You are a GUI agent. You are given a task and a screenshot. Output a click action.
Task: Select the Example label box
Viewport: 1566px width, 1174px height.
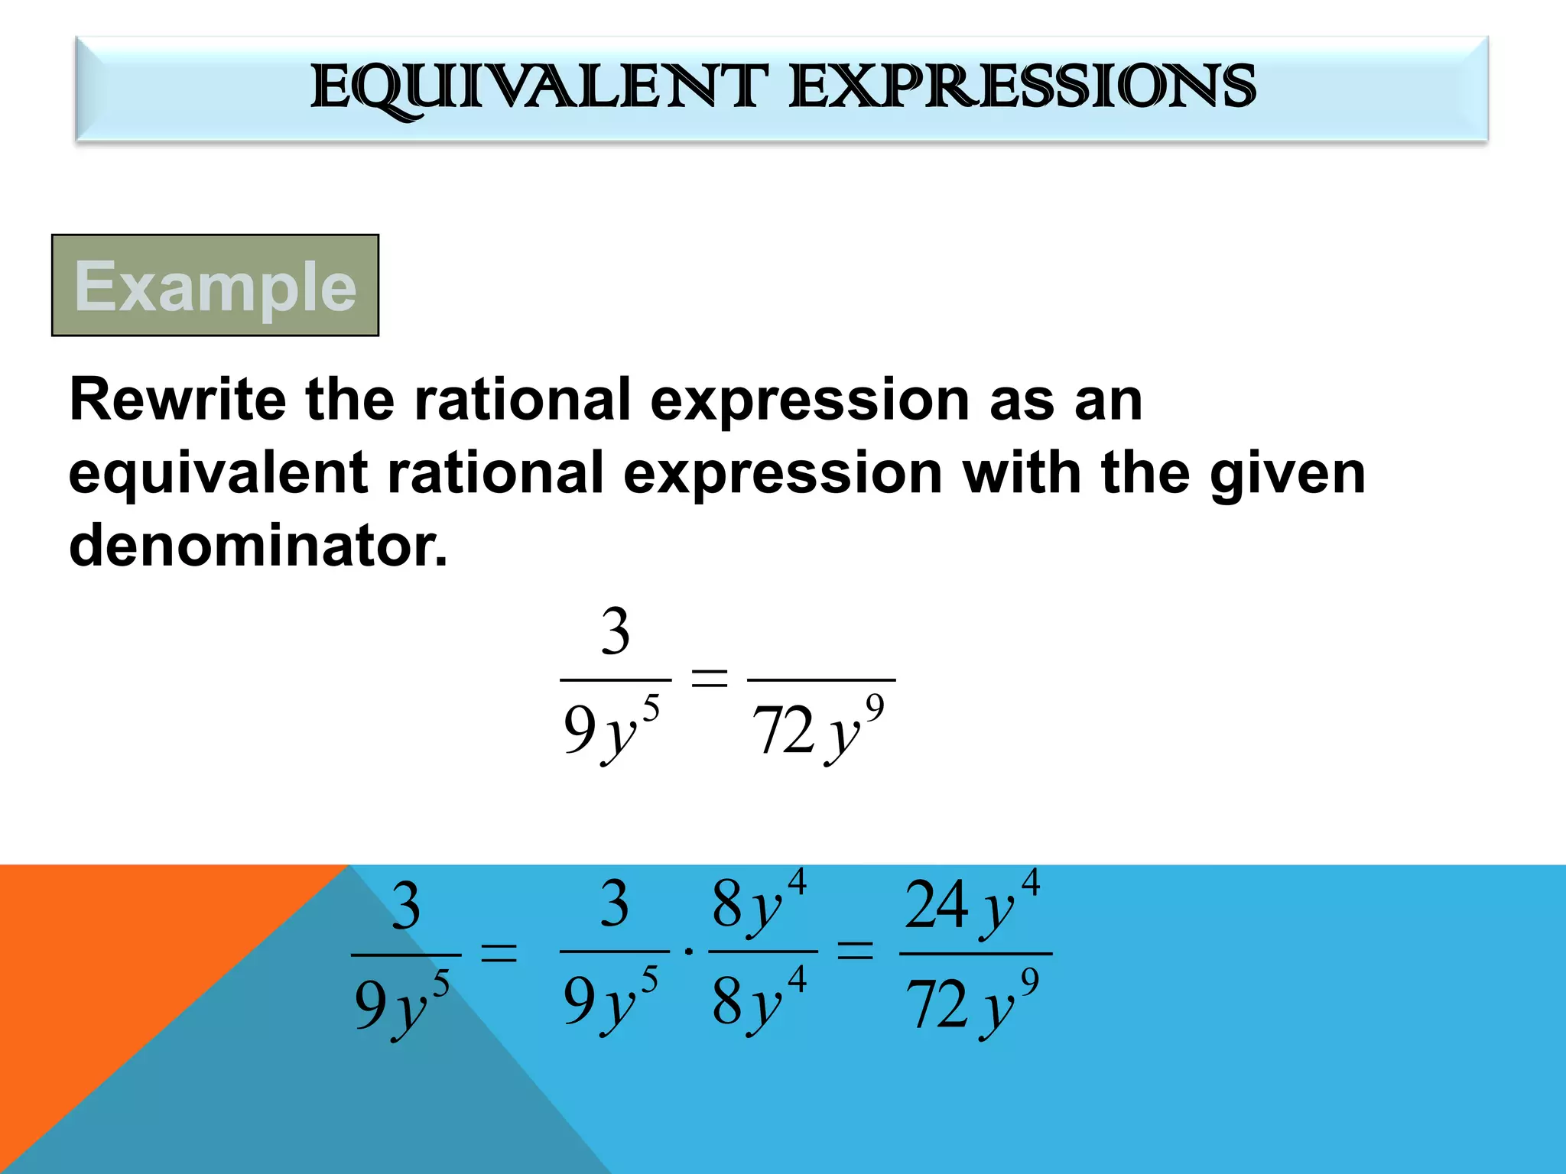coord(215,285)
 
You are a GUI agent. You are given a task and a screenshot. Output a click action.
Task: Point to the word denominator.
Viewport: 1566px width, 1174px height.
coord(258,546)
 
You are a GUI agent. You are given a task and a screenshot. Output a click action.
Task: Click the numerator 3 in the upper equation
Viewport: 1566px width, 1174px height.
coord(616,632)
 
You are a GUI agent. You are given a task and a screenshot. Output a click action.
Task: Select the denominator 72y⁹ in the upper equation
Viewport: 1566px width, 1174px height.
coord(819,729)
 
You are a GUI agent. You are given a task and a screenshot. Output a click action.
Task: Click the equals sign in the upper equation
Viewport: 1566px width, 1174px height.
coord(709,677)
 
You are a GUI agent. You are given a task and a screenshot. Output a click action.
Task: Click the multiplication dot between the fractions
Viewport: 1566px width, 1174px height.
coord(689,952)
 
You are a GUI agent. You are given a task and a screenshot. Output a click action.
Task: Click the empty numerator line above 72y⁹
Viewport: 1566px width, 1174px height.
coord(821,657)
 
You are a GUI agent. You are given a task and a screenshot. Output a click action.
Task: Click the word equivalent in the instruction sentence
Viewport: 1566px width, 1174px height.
coord(218,474)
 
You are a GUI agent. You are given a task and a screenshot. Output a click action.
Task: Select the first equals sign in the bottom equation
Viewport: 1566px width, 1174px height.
coord(499,953)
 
